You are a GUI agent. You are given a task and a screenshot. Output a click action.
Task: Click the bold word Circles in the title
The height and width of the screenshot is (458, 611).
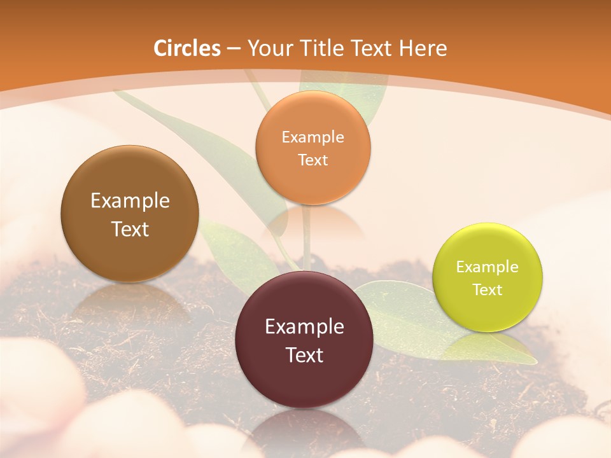[x=186, y=48]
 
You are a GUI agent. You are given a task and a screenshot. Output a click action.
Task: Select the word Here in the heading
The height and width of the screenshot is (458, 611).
[x=423, y=48]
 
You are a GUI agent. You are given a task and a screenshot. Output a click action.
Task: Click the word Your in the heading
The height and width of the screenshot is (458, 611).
[x=269, y=48]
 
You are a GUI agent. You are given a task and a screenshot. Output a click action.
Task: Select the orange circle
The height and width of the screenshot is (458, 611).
[x=313, y=184]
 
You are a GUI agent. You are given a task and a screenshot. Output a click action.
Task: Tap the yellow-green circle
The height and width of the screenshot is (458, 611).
[x=487, y=312]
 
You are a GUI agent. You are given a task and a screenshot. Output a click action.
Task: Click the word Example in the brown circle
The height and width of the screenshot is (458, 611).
[x=130, y=201]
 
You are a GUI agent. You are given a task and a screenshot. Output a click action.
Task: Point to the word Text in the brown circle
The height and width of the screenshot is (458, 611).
[x=130, y=229]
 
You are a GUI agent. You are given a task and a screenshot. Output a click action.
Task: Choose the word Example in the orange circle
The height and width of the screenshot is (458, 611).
[x=313, y=137]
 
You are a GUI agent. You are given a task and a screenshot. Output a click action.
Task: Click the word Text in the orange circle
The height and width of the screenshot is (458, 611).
[x=313, y=160]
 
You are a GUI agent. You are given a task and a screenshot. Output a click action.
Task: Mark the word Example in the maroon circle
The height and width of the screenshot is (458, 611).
[x=304, y=327]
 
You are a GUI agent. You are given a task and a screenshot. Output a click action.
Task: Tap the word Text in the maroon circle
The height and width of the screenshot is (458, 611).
[x=304, y=355]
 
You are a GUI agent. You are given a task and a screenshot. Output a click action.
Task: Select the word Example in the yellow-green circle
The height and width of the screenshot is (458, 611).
[x=487, y=267]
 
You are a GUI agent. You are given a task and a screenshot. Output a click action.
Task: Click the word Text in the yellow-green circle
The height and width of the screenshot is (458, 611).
[x=487, y=290]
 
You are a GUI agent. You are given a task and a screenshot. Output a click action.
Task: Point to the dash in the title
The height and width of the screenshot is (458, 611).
[x=234, y=48]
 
